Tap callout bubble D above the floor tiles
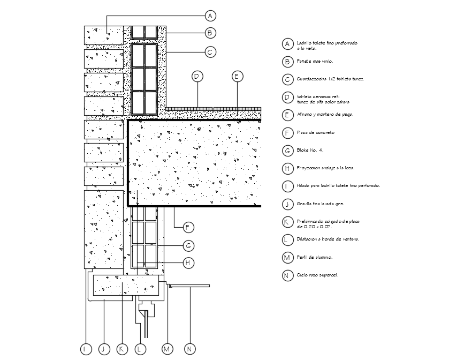(x=196, y=76)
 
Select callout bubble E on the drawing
(x=237, y=76)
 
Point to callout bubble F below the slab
(x=187, y=227)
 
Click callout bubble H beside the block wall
(x=187, y=263)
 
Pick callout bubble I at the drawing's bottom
(x=86, y=349)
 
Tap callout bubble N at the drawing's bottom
(x=189, y=349)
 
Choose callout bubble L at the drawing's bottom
(x=139, y=349)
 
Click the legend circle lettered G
(x=288, y=151)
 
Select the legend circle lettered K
(x=288, y=222)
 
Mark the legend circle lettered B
(x=288, y=62)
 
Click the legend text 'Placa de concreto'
(x=316, y=132)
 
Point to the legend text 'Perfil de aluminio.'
(x=315, y=258)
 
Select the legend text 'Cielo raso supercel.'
(x=318, y=275)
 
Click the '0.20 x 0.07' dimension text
(x=315, y=227)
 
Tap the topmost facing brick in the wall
(x=103, y=35)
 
